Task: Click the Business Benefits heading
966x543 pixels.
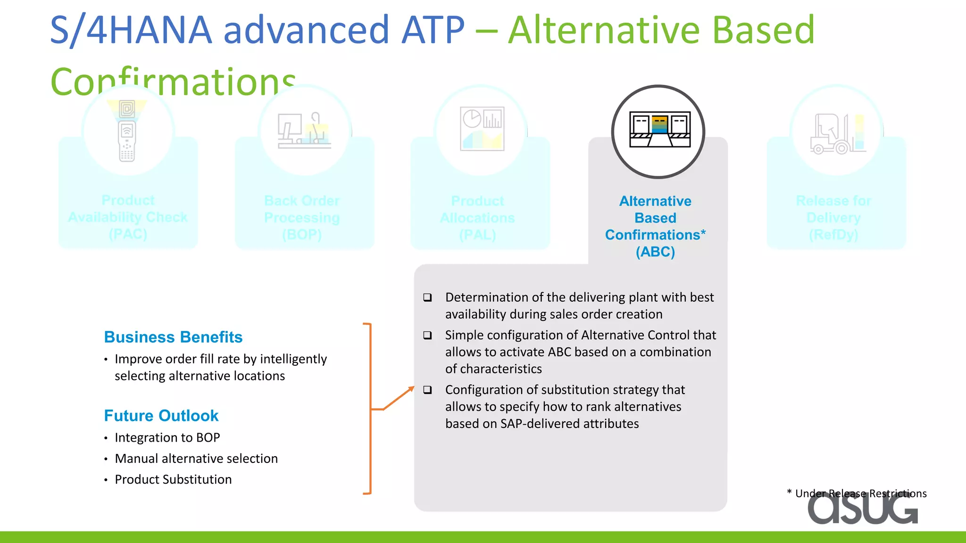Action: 173,337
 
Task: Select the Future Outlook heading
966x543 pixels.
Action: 161,415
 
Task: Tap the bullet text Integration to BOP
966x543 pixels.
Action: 167,437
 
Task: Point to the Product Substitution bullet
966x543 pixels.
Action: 173,479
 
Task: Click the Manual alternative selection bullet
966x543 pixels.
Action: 196,458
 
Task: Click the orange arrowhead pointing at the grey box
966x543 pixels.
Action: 411,389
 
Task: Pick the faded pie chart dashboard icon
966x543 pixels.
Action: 482,129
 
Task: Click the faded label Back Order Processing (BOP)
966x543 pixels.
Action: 302,217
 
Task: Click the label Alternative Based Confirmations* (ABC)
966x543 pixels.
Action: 655,226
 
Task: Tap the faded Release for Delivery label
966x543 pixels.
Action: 833,217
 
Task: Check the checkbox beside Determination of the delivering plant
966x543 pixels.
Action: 427,297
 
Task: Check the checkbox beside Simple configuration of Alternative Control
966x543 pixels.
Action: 427,335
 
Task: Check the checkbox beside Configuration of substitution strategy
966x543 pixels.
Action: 427,390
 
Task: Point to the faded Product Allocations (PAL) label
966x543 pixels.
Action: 477,217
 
